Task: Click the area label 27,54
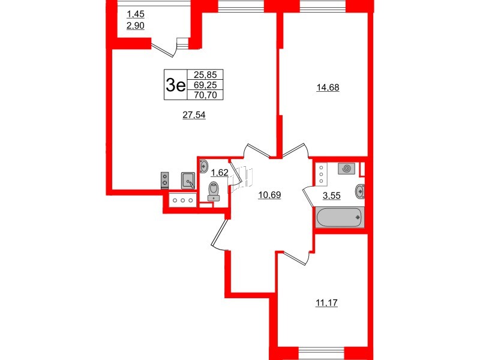pyautogui.click(x=194, y=115)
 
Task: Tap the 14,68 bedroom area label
pyautogui.click(x=328, y=88)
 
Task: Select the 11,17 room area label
pyautogui.click(x=326, y=303)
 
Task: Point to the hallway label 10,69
pyautogui.click(x=269, y=194)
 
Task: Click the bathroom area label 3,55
pyautogui.click(x=332, y=196)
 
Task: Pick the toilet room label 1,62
pyautogui.click(x=220, y=173)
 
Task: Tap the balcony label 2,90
pyautogui.click(x=136, y=26)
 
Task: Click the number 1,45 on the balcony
pyautogui.click(x=136, y=14)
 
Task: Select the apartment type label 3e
pyautogui.click(x=175, y=85)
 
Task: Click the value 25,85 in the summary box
pyautogui.click(x=205, y=74)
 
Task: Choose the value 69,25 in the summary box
pyautogui.click(x=205, y=85)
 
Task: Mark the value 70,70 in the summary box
pyautogui.click(x=205, y=95)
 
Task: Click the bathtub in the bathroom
pyautogui.click(x=340, y=218)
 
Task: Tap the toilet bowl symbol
pyautogui.click(x=213, y=191)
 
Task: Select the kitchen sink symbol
pyautogui.click(x=188, y=181)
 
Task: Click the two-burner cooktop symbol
pyautogui.click(x=164, y=179)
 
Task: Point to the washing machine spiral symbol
pyautogui.click(x=347, y=169)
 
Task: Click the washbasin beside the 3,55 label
pyautogui.click(x=360, y=191)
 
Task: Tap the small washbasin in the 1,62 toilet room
pyautogui.click(x=203, y=166)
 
